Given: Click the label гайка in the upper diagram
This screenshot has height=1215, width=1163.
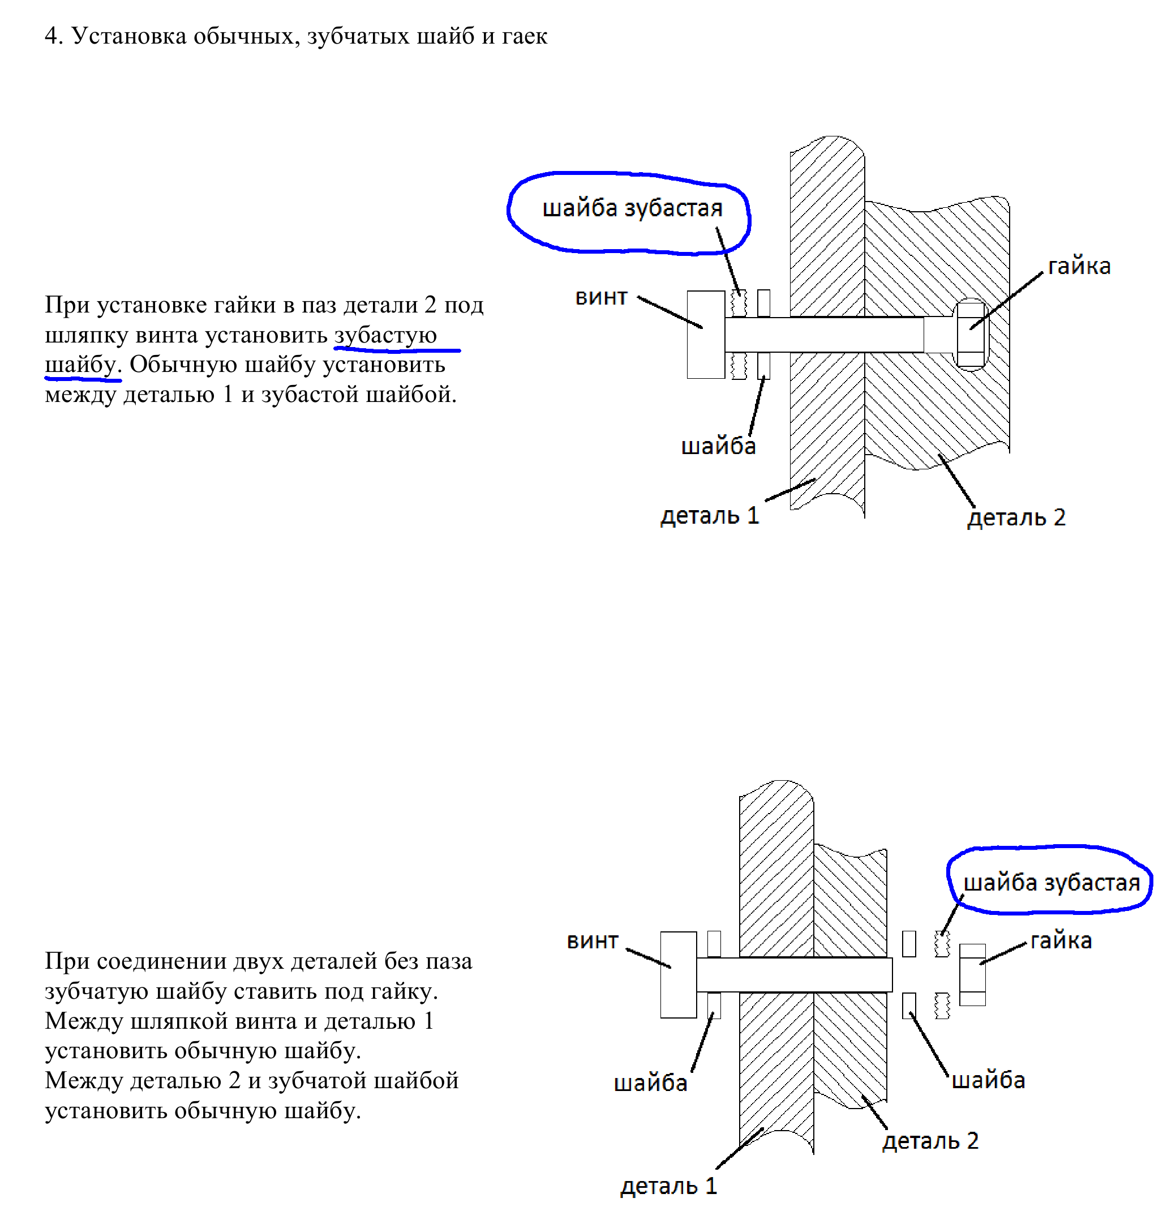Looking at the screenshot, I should [x=1079, y=266].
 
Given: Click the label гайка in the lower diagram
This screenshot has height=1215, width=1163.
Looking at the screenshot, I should [x=1061, y=940].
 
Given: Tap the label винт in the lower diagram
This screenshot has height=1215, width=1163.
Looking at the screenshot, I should [x=593, y=941].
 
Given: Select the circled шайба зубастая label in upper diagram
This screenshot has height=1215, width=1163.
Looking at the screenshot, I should [x=632, y=208].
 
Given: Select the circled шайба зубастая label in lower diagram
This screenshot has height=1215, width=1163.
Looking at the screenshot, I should [x=1052, y=882].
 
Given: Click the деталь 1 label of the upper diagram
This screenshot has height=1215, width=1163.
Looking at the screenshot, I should [x=710, y=516].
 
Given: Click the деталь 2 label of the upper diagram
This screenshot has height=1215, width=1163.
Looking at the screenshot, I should [x=1016, y=517].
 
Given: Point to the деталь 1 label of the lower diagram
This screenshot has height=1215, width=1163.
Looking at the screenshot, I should [x=668, y=1187].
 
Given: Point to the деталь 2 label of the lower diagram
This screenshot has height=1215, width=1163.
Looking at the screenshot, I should [x=930, y=1141].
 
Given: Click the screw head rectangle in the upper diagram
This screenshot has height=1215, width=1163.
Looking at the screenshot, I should [x=705, y=334].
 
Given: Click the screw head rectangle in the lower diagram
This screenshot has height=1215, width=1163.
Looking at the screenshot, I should [x=678, y=974].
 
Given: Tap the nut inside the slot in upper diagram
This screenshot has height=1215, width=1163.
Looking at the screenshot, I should [x=971, y=335].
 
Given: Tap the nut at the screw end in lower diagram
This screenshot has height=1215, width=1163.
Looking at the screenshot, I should [x=972, y=974].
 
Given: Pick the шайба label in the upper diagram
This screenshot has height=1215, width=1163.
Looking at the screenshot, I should [x=718, y=446].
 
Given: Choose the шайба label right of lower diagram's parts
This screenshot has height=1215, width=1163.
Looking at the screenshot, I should [x=988, y=1080].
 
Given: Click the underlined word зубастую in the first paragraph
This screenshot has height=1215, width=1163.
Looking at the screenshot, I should [x=385, y=335].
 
